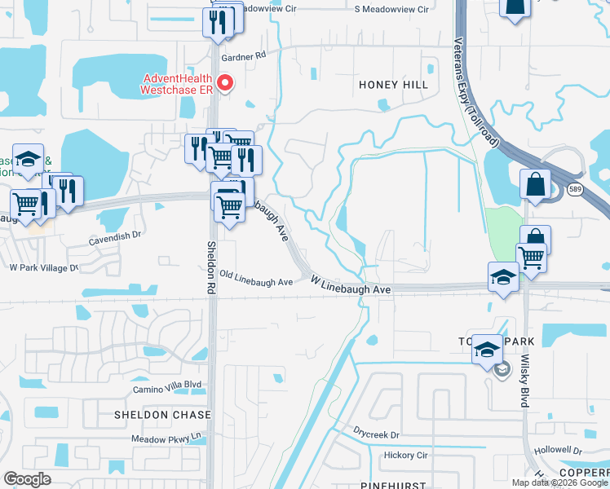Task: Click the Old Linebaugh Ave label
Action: click(x=255, y=282)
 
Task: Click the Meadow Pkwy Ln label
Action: click(x=167, y=438)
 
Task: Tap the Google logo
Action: click(x=27, y=479)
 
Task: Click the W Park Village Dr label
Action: click(x=42, y=267)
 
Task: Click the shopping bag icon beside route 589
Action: click(x=535, y=184)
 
